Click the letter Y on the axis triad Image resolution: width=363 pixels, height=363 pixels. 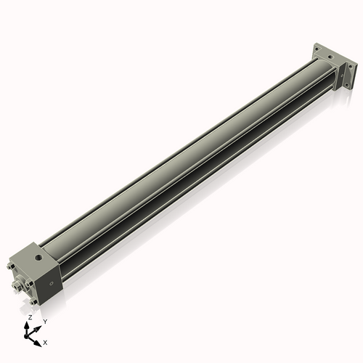(x=44, y=321)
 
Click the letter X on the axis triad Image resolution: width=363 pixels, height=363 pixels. (x=46, y=341)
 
